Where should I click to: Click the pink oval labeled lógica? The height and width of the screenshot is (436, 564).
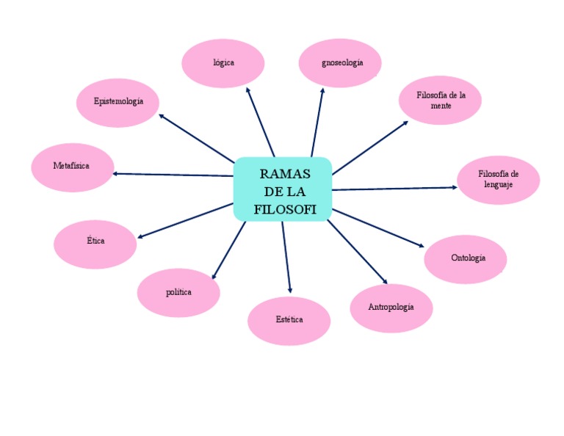223,63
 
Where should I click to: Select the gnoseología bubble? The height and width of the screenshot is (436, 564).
340,63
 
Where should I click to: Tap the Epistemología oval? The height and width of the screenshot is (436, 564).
117,102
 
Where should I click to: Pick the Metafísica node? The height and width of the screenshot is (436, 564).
72,167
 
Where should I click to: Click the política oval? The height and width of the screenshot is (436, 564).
178,293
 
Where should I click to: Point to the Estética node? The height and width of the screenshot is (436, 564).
289,321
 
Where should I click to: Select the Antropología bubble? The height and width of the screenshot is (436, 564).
391,308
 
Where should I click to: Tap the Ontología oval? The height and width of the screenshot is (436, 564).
466,259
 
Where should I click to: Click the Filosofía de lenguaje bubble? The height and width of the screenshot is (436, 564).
498,180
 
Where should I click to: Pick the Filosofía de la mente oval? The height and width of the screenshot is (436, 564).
440,101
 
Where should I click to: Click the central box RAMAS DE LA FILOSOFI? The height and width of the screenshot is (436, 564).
283,189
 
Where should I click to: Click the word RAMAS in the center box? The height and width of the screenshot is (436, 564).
285,174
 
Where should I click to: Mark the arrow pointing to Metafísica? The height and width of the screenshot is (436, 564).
173,175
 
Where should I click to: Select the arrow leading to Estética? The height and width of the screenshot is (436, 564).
286,257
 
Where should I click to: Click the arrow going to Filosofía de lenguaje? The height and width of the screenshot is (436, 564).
394,189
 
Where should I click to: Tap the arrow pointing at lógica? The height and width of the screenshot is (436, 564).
261,122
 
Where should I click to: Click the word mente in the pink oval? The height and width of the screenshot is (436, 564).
441,106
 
